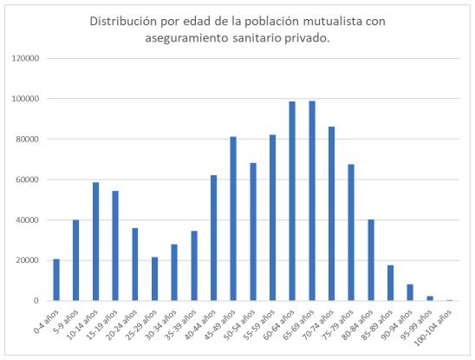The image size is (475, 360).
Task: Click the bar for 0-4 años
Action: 56,279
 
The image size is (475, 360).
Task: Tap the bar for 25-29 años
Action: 154,278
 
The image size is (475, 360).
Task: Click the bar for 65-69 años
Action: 311,200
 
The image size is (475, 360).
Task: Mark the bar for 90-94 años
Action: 410,292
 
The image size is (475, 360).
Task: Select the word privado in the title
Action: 311,38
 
